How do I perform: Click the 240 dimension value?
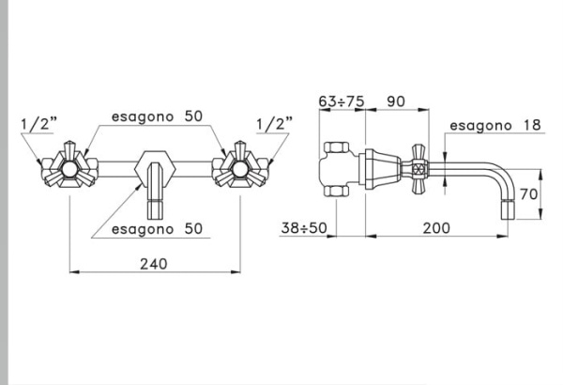152,264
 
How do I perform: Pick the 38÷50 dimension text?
303,228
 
